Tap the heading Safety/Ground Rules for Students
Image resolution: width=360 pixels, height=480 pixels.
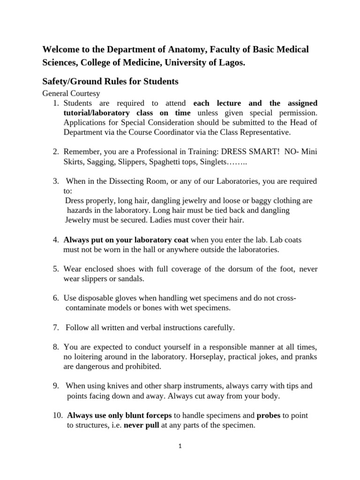click(x=111, y=81)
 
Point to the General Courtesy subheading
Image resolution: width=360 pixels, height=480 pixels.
click(x=71, y=93)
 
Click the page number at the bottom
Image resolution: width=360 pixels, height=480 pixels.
click(x=180, y=447)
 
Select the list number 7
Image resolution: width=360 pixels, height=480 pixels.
click(x=55, y=327)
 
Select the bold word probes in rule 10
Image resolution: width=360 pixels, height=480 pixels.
click(x=269, y=415)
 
